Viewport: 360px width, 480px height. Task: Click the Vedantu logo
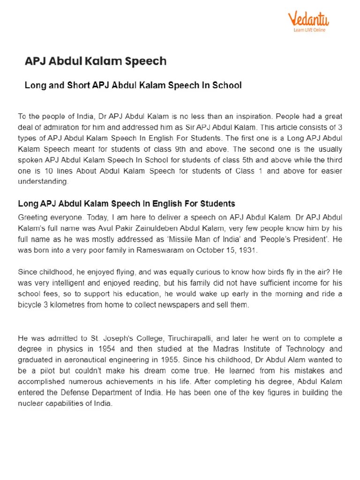tap(308, 20)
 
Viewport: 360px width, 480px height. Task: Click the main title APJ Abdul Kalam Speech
tap(95, 61)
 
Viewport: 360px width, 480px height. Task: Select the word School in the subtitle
tap(227, 85)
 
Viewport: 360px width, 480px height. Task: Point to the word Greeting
tap(32, 217)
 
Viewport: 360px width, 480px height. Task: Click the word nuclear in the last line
tap(31, 403)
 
